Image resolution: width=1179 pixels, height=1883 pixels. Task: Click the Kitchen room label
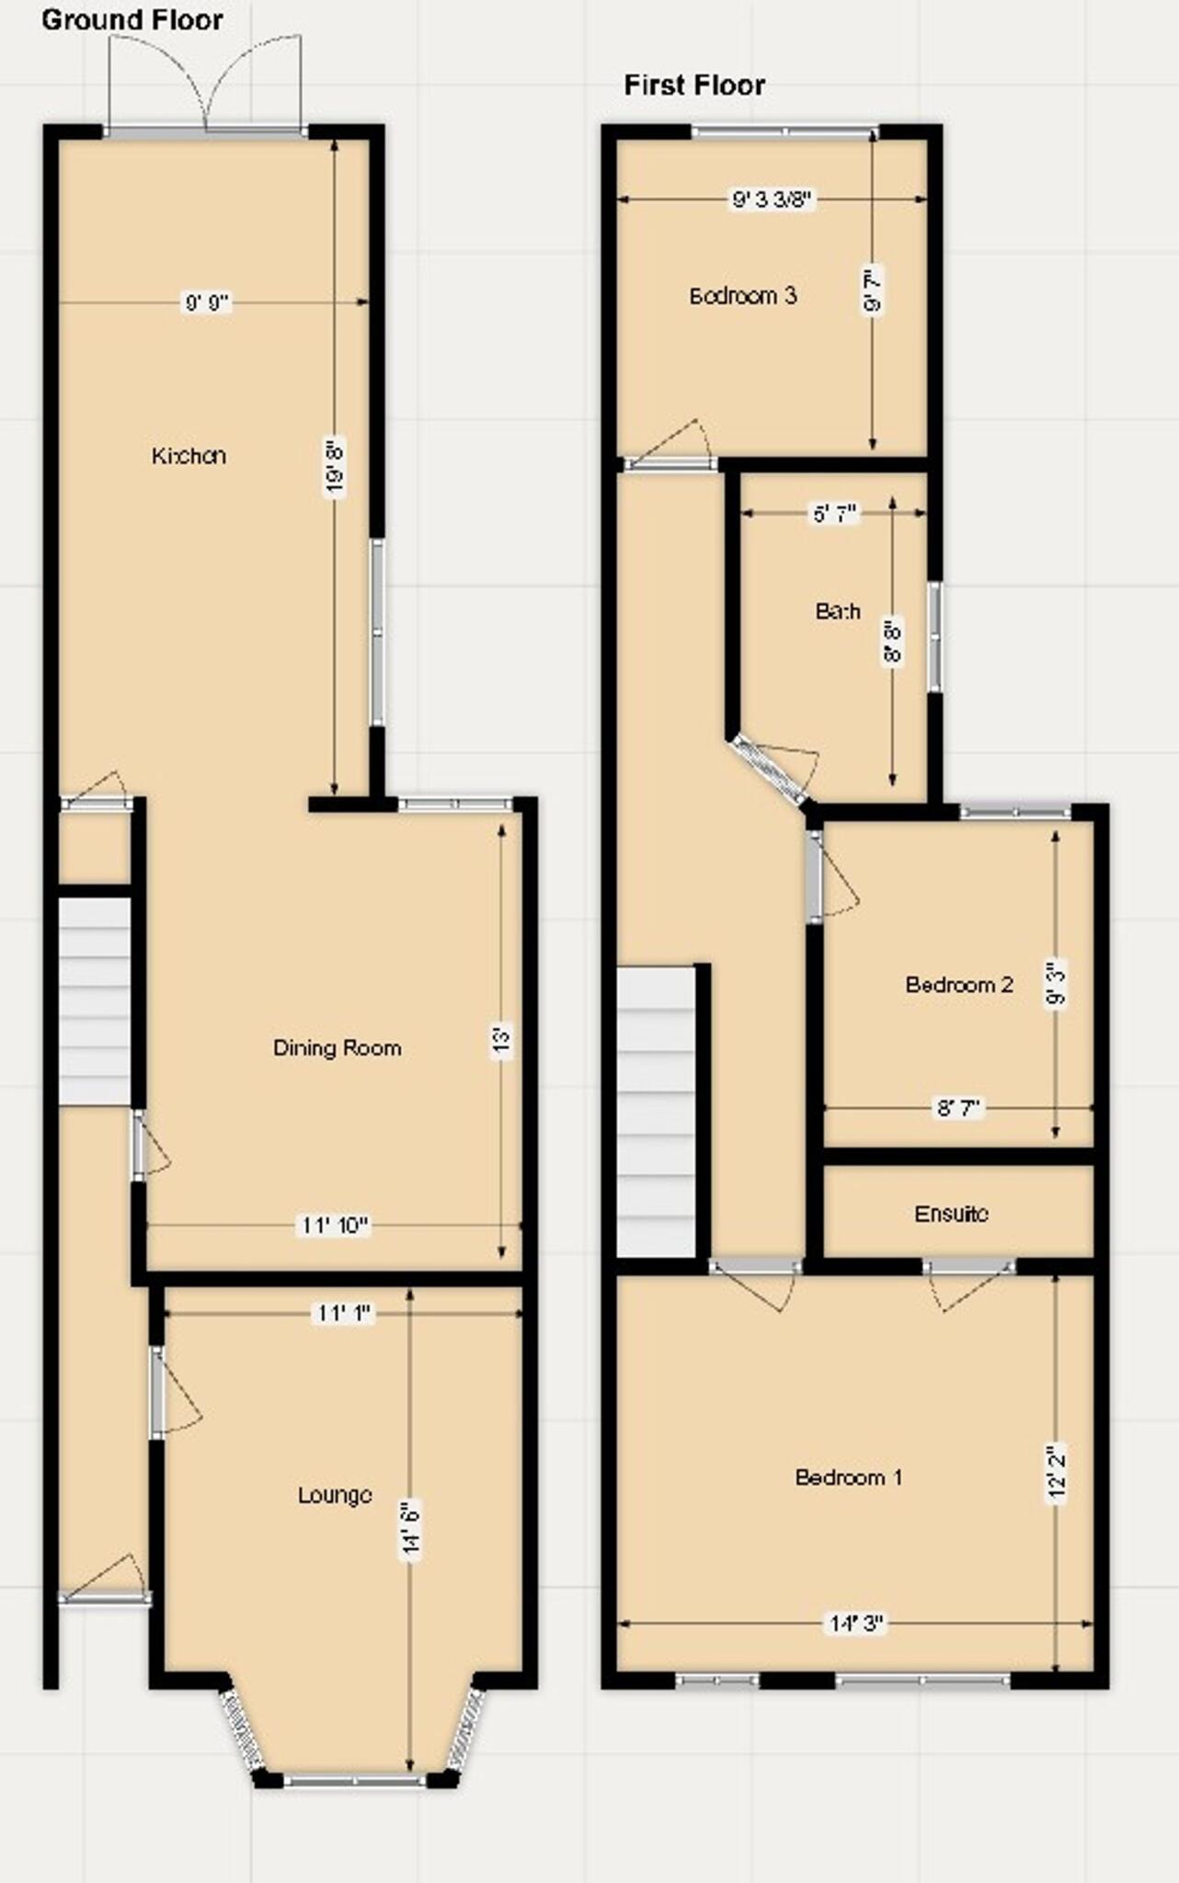coord(189,455)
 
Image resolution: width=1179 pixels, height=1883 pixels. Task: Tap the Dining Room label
coord(337,1047)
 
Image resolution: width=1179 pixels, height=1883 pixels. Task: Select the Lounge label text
coord(335,1495)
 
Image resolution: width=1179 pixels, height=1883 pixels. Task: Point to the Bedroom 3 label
coord(742,296)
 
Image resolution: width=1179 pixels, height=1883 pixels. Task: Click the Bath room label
coord(838,611)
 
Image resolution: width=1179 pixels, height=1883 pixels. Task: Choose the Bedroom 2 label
coord(959,985)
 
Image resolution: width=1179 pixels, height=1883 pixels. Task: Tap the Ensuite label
coord(951,1214)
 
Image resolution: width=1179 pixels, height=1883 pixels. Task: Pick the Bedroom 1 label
coord(848,1478)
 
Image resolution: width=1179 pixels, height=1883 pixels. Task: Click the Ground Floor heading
coord(132,20)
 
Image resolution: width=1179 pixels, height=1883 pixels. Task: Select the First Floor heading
coord(694,86)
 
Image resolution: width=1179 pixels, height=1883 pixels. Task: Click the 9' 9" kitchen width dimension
coord(206,302)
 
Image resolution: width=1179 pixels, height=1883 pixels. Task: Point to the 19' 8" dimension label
coord(336,469)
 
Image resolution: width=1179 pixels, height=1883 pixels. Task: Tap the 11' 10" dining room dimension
coord(335,1226)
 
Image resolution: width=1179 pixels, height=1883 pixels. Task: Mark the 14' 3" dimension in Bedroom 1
coord(856,1624)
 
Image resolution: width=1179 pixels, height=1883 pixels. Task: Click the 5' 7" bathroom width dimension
coord(835,514)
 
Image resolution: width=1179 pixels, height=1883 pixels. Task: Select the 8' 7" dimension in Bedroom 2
coord(959,1108)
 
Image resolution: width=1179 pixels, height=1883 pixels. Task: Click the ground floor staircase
coord(95,1000)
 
